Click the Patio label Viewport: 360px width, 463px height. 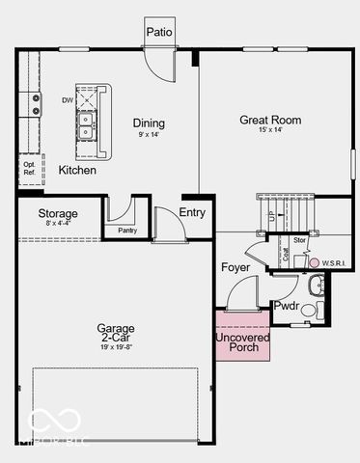159,32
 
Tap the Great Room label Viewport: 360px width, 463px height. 270,121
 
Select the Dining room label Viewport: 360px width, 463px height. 149,123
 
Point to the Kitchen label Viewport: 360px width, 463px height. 77,170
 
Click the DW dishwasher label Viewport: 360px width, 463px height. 68,99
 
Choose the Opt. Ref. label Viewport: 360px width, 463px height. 29,168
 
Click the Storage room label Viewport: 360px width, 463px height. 58,213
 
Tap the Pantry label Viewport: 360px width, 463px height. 127,231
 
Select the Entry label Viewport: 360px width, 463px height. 192,212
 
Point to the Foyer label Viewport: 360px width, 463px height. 235,267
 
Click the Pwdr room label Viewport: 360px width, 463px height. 287,306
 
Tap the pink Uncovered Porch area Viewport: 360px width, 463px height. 242,337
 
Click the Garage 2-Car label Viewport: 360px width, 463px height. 115,333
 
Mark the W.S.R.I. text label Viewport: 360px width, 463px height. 335,262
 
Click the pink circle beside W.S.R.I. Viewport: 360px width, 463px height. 314,262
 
